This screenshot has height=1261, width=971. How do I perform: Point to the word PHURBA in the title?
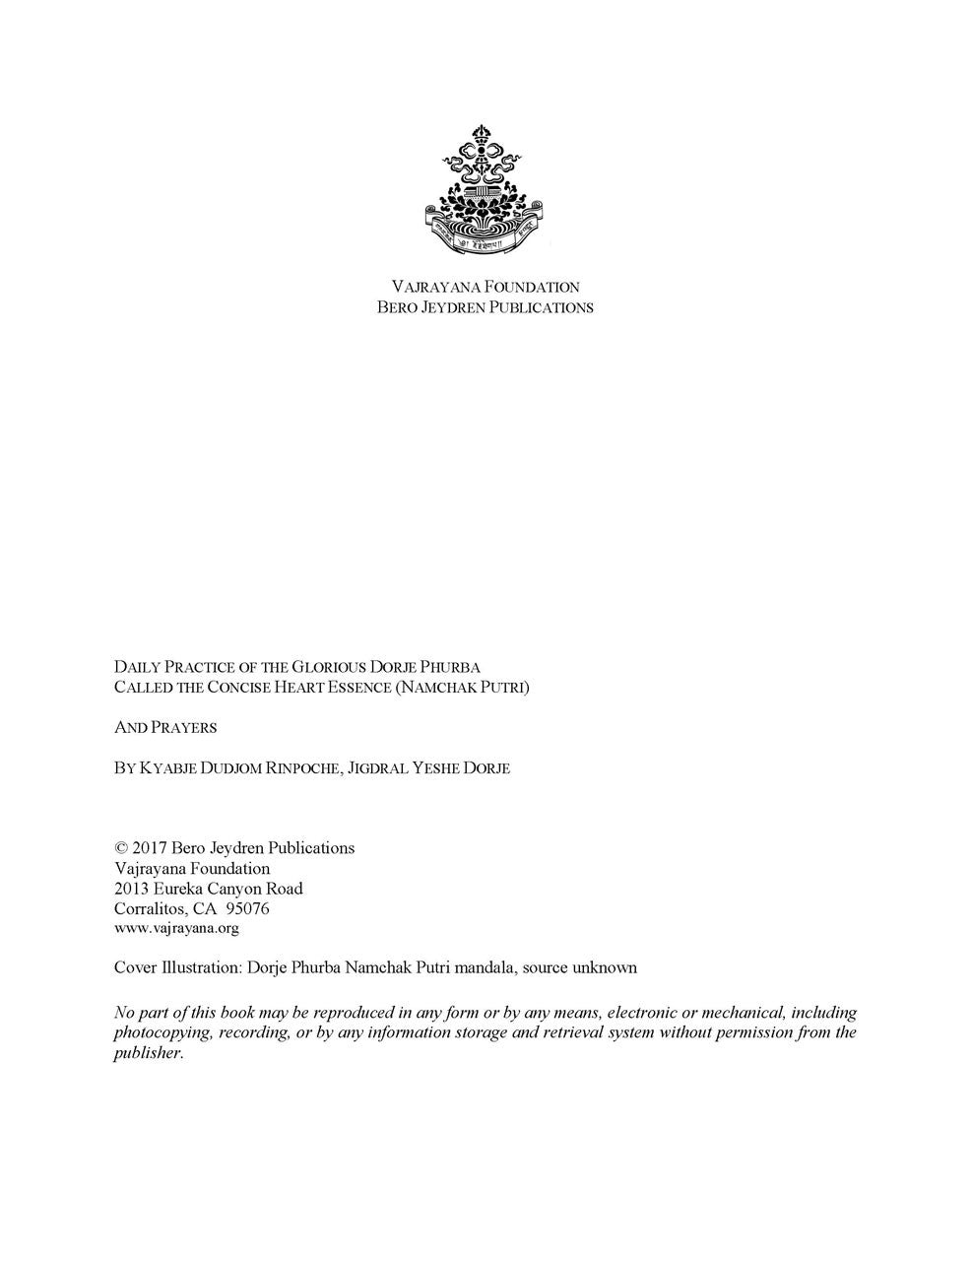pos(450,667)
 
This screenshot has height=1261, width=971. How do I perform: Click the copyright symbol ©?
pos(121,848)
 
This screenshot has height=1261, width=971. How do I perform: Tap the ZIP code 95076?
pos(249,909)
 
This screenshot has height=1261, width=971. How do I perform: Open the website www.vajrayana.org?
pos(176,928)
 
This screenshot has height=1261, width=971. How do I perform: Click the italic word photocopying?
pos(163,1032)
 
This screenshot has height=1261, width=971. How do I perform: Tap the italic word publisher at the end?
pos(148,1053)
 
